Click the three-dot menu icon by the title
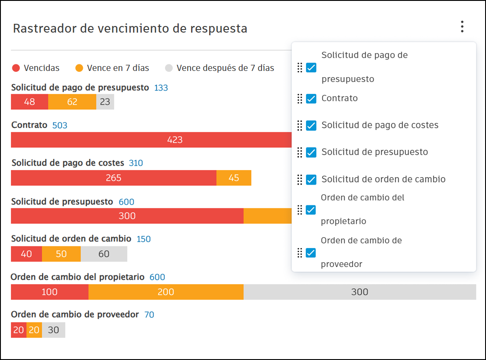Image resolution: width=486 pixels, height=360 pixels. click(462, 27)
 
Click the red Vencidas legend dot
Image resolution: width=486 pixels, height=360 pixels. click(16, 68)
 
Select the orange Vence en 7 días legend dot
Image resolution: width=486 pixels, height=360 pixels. click(79, 68)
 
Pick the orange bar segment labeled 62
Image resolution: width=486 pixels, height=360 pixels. click(72, 102)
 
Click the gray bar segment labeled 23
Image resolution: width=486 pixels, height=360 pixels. click(105, 102)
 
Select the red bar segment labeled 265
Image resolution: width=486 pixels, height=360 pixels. click(114, 178)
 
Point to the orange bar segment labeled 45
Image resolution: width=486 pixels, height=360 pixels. click(234, 178)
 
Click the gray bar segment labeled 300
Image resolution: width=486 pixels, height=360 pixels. click(360, 292)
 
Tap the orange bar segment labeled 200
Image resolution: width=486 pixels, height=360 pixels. click(166, 292)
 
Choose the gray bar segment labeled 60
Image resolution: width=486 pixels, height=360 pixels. click(104, 254)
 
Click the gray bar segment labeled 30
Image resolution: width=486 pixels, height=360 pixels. click(54, 330)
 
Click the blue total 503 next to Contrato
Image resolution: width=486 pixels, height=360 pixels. click(60, 126)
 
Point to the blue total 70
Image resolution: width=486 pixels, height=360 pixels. click(149, 315)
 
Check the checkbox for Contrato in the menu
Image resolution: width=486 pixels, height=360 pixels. click(311, 99)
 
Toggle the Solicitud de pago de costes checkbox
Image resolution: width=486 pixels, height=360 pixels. click(311, 126)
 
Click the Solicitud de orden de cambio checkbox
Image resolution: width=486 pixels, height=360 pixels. click(311, 179)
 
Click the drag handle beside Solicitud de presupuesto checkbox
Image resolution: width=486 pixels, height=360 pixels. click(300, 152)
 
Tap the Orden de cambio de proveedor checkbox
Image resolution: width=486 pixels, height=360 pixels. click(311, 253)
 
